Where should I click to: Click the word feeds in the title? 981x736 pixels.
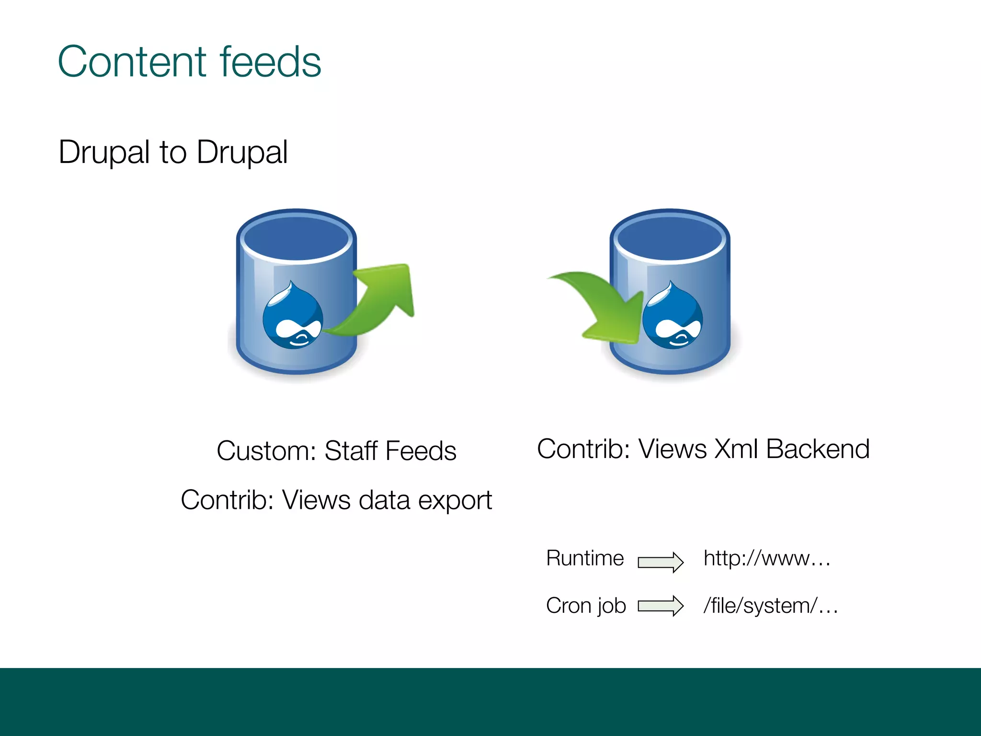270,62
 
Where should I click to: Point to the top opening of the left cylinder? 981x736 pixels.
297,236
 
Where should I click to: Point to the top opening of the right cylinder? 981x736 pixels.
670,236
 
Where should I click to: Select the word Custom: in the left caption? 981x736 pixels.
266,451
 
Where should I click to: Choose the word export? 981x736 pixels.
455,501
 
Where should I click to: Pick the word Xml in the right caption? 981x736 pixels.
736,449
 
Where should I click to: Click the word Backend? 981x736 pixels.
817,449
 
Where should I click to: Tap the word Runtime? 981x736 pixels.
585,558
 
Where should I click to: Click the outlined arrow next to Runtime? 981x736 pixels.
660,562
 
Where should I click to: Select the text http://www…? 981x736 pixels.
766,558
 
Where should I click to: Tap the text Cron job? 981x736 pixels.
586,606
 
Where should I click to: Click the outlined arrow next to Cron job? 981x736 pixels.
660,606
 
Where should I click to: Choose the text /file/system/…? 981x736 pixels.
770,606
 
